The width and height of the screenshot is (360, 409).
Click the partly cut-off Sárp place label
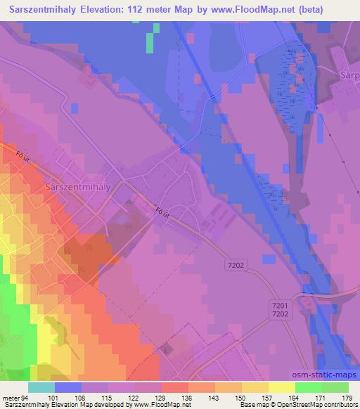[x=349, y=75]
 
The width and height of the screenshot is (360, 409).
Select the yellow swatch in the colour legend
[x=282, y=387]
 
